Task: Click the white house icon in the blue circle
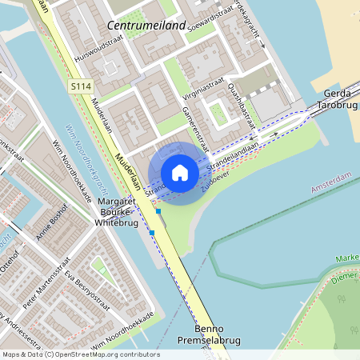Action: point(180,173)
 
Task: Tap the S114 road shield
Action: point(79,85)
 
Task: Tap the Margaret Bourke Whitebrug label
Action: point(118,214)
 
